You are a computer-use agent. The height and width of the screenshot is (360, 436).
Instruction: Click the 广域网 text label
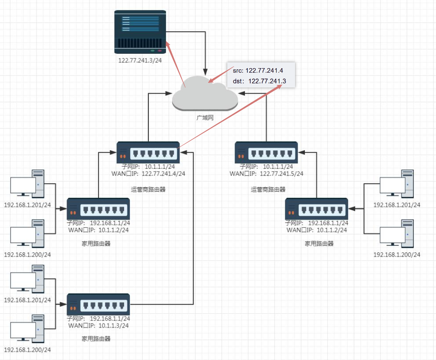[x=205, y=118]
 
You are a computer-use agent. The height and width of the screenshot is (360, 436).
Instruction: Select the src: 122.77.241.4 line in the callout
[x=258, y=71]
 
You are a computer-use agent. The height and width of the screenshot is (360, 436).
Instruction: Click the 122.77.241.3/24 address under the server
[x=140, y=60]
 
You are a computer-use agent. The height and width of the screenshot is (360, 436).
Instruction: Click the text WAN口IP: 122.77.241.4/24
[x=148, y=174]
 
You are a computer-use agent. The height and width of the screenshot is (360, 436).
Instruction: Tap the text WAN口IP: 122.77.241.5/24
[x=266, y=174]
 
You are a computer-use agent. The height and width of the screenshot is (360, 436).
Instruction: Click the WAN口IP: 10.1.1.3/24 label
[x=99, y=326]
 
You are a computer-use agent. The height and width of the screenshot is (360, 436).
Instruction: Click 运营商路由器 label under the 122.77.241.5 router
[x=268, y=190]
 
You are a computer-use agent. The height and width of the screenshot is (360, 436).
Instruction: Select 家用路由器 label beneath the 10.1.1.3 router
[x=96, y=339]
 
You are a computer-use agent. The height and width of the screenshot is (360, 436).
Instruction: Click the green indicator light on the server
[x=152, y=50]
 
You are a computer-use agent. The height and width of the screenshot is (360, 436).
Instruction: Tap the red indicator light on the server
[x=159, y=50]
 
